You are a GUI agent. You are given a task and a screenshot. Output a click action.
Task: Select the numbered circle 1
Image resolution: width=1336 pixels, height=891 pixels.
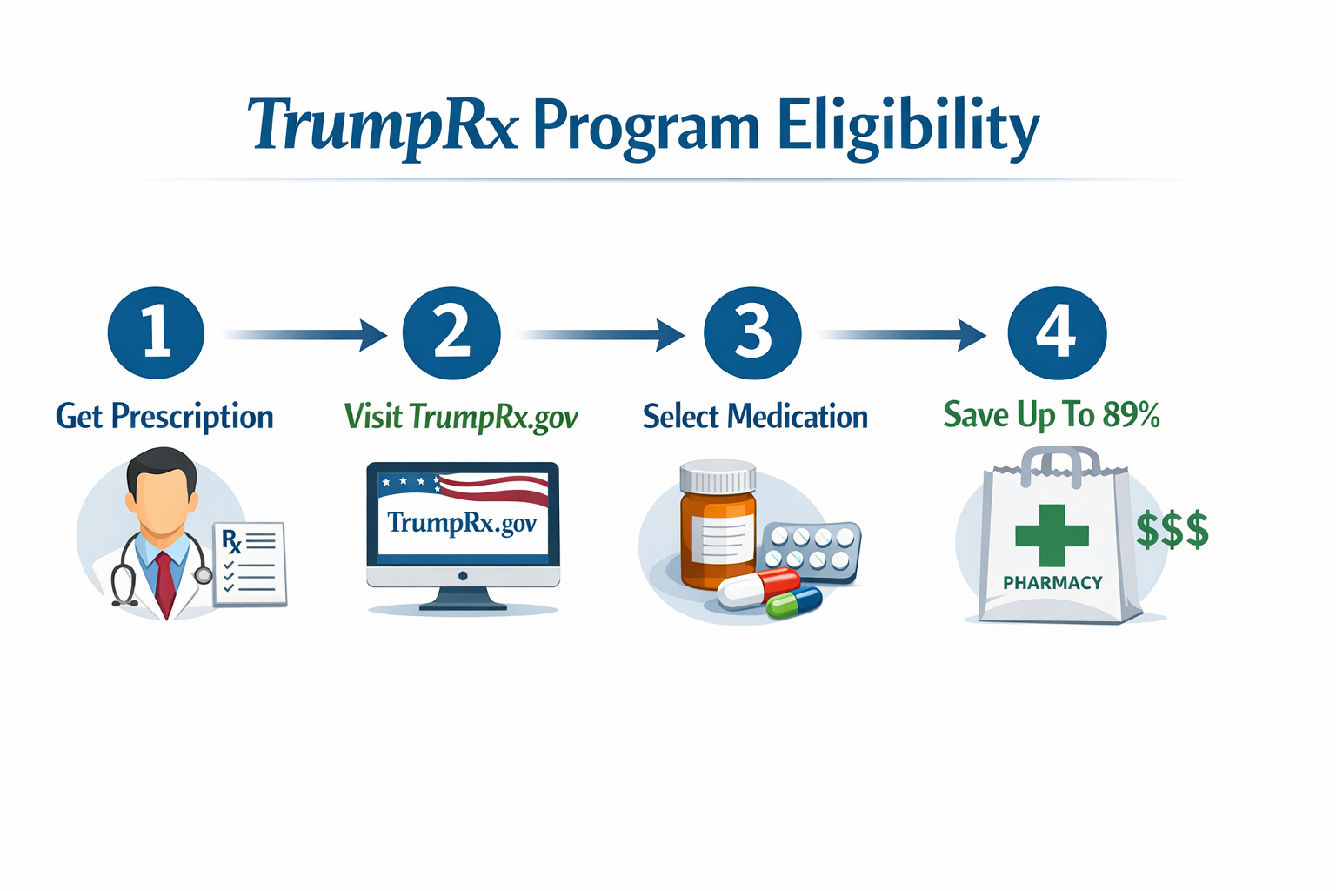(x=156, y=333)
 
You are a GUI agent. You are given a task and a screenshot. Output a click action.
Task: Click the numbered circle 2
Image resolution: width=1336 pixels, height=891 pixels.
(x=451, y=333)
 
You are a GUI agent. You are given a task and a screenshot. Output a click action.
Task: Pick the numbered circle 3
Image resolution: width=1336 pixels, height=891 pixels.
(x=752, y=333)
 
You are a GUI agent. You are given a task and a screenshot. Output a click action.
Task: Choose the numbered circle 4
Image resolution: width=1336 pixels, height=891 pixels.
(x=1057, y=333)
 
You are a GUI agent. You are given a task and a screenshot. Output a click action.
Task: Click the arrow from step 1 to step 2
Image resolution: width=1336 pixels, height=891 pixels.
(x=304, y=334)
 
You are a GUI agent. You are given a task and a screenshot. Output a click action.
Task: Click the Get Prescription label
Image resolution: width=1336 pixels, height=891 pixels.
(x=164, y=417)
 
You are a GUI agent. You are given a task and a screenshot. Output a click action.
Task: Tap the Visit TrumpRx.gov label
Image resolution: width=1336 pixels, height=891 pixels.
(x=461, y=417)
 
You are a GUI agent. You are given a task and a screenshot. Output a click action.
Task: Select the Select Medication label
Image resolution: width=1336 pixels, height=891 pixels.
(x=755, y=417)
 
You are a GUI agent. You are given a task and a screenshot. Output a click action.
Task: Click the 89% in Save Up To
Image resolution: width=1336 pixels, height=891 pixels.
(x=1131, y=415)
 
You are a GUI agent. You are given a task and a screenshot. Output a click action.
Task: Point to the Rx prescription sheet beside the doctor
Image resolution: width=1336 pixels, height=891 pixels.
(x=250, y=564)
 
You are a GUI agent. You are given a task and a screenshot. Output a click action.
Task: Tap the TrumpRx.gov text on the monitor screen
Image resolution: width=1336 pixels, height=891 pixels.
(x=462, y=523)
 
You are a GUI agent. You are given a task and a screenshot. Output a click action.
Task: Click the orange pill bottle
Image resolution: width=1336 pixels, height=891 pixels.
(x=717, y=531)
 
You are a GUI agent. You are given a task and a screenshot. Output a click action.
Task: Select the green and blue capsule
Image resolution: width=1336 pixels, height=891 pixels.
(x=794, y=602)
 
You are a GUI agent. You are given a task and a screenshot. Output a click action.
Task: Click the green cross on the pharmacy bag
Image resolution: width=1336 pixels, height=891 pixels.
(x=1052, y=535)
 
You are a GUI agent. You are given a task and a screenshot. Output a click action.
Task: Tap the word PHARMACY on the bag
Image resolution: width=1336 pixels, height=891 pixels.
(x=1052, y=583)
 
